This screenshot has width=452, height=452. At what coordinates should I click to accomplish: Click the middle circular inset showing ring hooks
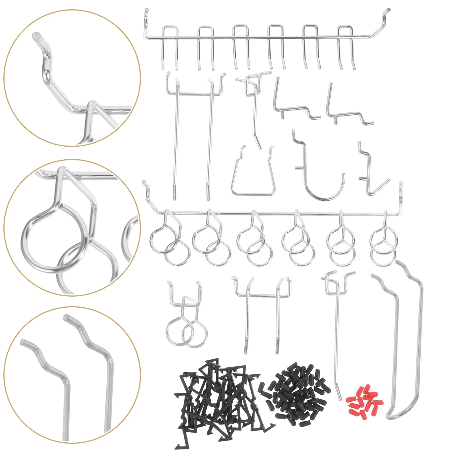pyautogui.click(x=72, y=227)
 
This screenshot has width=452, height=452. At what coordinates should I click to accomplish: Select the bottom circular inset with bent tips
pyautogui.click(x=72, y=374)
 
